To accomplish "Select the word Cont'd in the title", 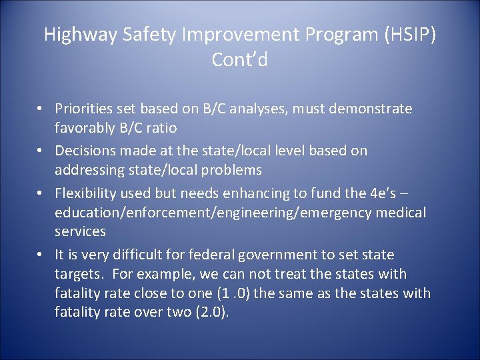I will pos(239,60).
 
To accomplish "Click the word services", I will pos(80,231).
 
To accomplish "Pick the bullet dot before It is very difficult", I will pos(41,255).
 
